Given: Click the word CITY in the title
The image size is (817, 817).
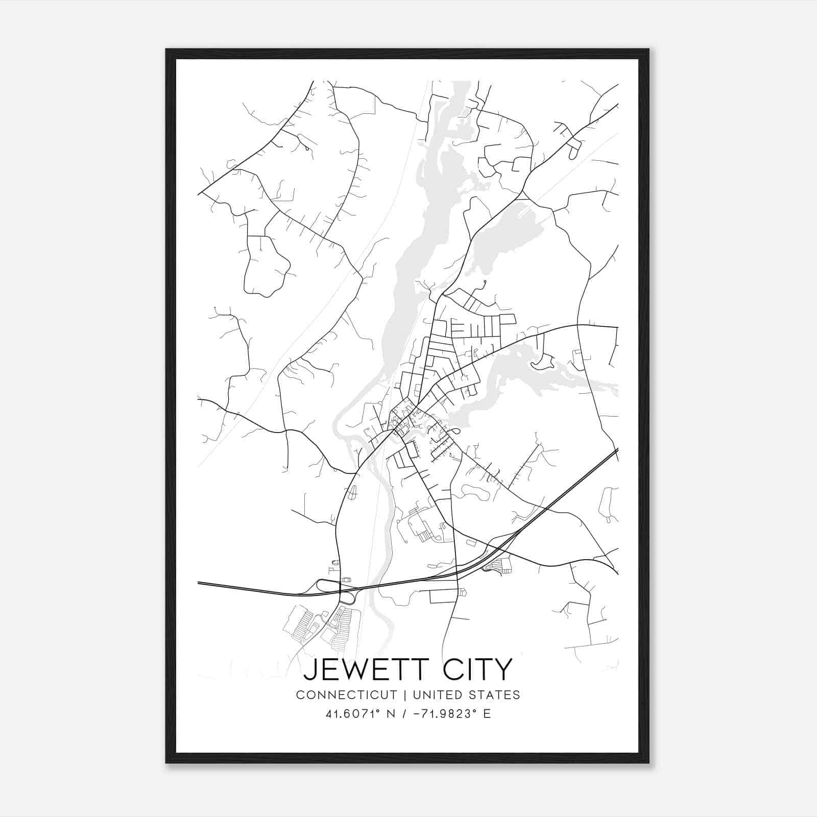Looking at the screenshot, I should (x=477, y=669).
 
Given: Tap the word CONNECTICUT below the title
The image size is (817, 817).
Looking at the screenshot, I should (x=346, y=695).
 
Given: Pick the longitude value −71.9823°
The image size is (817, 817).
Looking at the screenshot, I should (x=445, y=714).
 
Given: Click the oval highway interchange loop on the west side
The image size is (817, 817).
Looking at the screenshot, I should (x=327, y=586).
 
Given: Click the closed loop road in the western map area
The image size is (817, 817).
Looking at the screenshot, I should (x=266, y=266).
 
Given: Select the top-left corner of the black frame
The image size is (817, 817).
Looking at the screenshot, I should (x=167, y=50).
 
